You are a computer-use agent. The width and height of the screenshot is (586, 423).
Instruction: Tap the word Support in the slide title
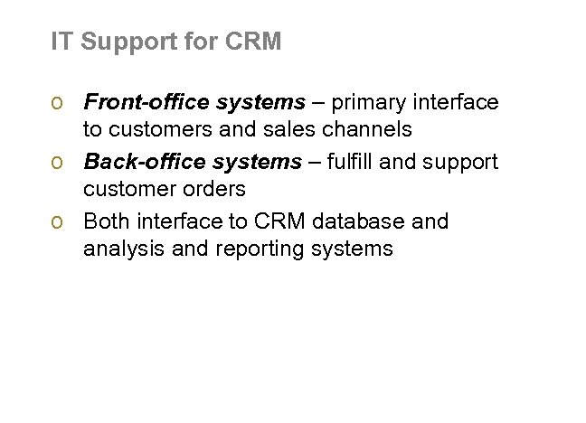coord(117,42)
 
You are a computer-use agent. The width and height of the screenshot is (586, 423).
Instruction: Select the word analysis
coord(118,249)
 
